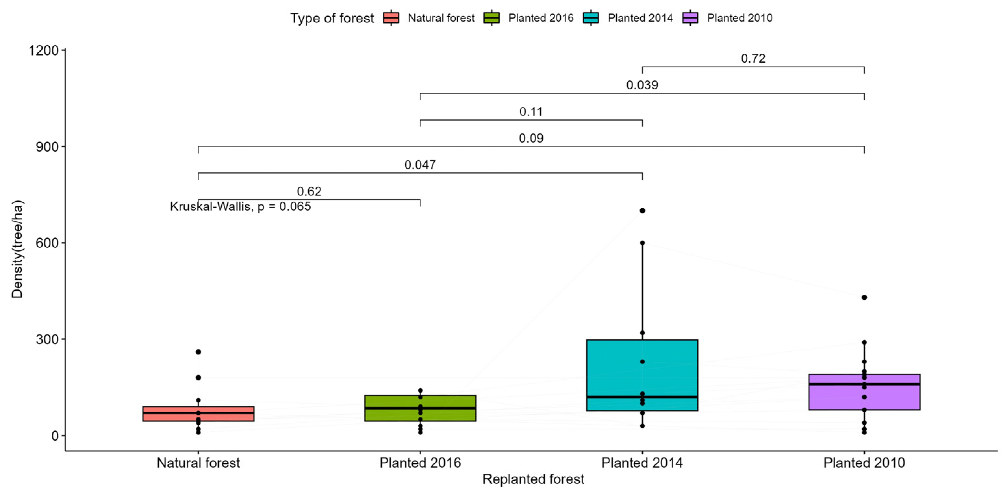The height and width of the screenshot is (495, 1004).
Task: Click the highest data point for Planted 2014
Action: click(x=642, y=211)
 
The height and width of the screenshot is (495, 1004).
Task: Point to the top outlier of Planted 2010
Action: click(x=864, y=298)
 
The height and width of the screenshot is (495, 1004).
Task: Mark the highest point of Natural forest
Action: click(x=198, y=352)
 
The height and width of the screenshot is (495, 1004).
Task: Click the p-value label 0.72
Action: click(x=753, y=58)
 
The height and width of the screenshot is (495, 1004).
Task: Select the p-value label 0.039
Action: click(x=642, y=85)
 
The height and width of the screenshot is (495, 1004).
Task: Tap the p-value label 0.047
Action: click(x=420, y=165)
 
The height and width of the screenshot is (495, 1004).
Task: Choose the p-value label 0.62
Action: click(x=309, y=191)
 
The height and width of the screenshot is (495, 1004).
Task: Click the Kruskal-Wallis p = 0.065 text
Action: click(x=241, y=207)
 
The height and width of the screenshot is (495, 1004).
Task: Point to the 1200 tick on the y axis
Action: click(x=43, y=50)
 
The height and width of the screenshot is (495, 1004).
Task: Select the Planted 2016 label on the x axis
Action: click(x=420, y=463)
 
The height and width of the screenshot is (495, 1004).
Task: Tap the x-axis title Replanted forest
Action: click(x=533, y=479)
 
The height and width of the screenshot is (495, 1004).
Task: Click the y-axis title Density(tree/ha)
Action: click(x=18, y=249)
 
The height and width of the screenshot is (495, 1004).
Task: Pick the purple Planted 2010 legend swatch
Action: click(x=690, y=18)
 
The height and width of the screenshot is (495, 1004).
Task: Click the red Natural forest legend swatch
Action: click(x=391, y=18)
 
